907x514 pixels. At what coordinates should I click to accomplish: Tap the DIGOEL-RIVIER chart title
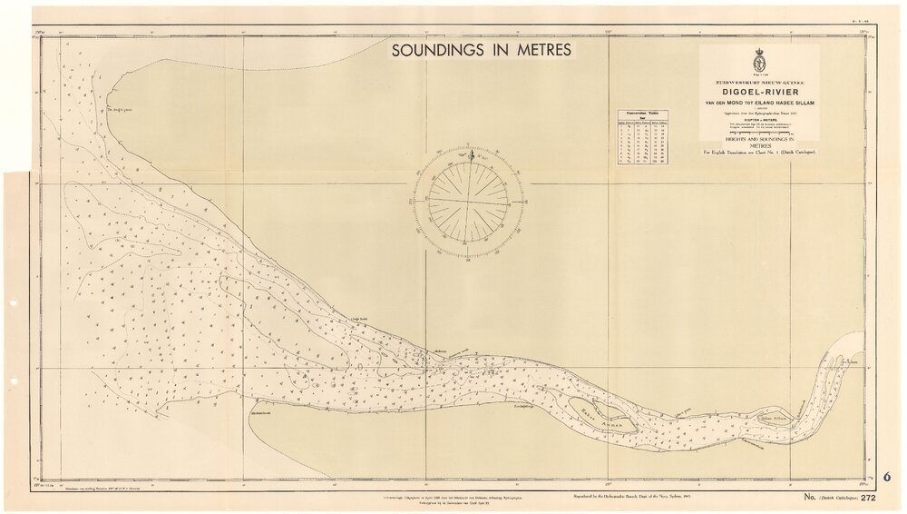(760, 93)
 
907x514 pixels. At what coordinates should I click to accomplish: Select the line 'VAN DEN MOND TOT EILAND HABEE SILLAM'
(760, 104)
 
